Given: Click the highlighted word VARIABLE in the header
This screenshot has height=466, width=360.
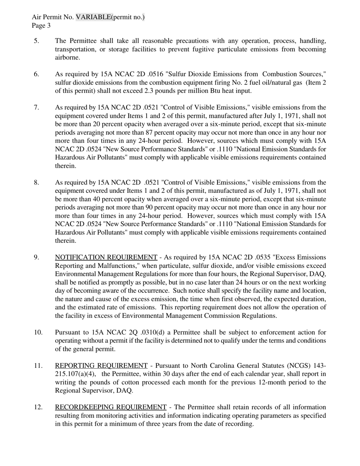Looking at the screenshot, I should [x=93, y=17].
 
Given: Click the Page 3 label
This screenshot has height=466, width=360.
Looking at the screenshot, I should [x=41, y=25].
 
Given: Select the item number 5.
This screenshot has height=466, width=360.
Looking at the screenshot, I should [x=36, y=41].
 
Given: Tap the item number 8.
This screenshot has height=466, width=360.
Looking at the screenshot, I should [x=36, y=183].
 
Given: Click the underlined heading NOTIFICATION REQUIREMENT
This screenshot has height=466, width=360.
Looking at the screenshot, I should [x=106, y=258].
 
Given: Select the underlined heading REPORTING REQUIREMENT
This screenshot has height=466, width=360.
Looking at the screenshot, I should [x=101, y=366].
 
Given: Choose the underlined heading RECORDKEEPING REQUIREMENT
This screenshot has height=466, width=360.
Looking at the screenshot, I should [x=111, y=407].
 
